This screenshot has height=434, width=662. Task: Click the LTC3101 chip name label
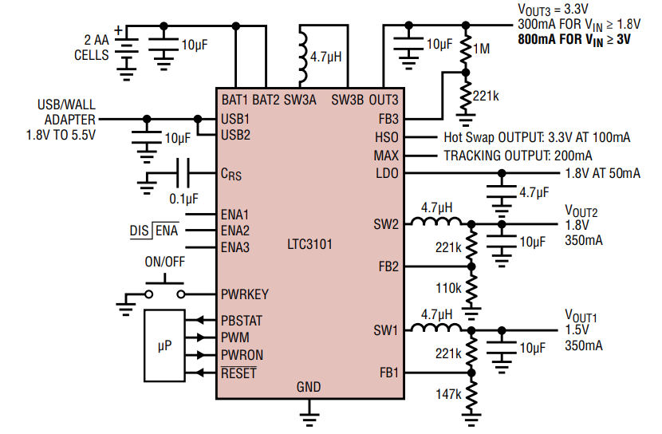pyautogui.click(x=309, y=244)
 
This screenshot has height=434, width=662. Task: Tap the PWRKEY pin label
pyautogui.click(x=244, y=294)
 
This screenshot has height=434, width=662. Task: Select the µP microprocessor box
pyautogui.click(x=164, y=345)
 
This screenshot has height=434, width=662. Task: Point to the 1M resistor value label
pyautogui.click(x=481, y=49)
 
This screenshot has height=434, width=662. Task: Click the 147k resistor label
pyautogui.click(x=448, y=394)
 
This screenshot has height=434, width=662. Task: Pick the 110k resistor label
pyautogui.click(x=448, y=288)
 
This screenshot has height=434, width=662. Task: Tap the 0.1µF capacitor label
pyautogui.click(x=183, y=199)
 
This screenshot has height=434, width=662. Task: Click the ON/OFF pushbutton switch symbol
pyautogui.click(x=164, y=289)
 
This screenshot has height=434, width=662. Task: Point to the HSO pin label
pyautogui.click(x=387, y=137)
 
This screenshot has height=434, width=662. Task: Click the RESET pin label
pyautogui.click(x=238, y=373)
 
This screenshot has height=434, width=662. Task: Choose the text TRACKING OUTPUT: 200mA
pyautogui.click(x=518, y=156)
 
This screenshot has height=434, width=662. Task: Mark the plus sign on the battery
pyautogui.click(x=119, y=30)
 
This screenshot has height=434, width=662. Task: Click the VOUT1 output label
pyautogui.click(x=581, y=315)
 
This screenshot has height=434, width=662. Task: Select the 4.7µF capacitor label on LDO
pyautogui.click(x=534, y=192)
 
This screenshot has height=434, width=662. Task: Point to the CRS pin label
pyautogui.click(x=231, y=174)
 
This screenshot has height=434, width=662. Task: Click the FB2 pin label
pyautogui.click(x=388, y=266)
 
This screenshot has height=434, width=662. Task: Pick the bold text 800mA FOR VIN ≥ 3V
pyautogui.click(x=574, y=40)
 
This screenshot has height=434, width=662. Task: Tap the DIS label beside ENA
pyautogui.click(x=139, y=231)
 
